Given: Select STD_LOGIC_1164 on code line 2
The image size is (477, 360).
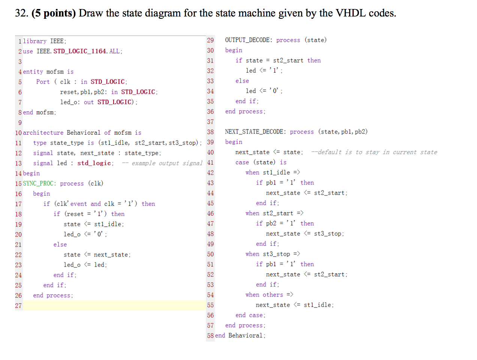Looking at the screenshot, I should (x=80, y=51).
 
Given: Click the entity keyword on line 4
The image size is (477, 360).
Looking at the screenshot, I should (x=33, y=72).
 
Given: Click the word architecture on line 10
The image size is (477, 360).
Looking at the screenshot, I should (x=43, y=133).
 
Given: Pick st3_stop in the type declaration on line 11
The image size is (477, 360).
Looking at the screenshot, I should (x=183, y=143).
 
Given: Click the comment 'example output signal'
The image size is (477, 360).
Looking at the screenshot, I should (x=166, y=163).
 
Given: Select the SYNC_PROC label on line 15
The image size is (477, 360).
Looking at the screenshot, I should (x=39, y=183).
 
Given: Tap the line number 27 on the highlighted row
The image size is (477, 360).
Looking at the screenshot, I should (x=18, y=306).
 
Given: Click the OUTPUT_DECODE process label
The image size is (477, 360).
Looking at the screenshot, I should (x=247, y=40).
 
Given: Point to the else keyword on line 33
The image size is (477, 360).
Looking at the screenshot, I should (x=242, y=81).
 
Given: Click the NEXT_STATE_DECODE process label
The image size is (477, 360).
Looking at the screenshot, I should (x=254, y=132).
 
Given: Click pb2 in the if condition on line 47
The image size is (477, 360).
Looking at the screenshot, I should (x=271, y=223).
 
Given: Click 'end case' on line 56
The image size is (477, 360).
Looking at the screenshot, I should (x=250, y=315).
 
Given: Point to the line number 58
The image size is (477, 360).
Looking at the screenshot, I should (x=210, y=336).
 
